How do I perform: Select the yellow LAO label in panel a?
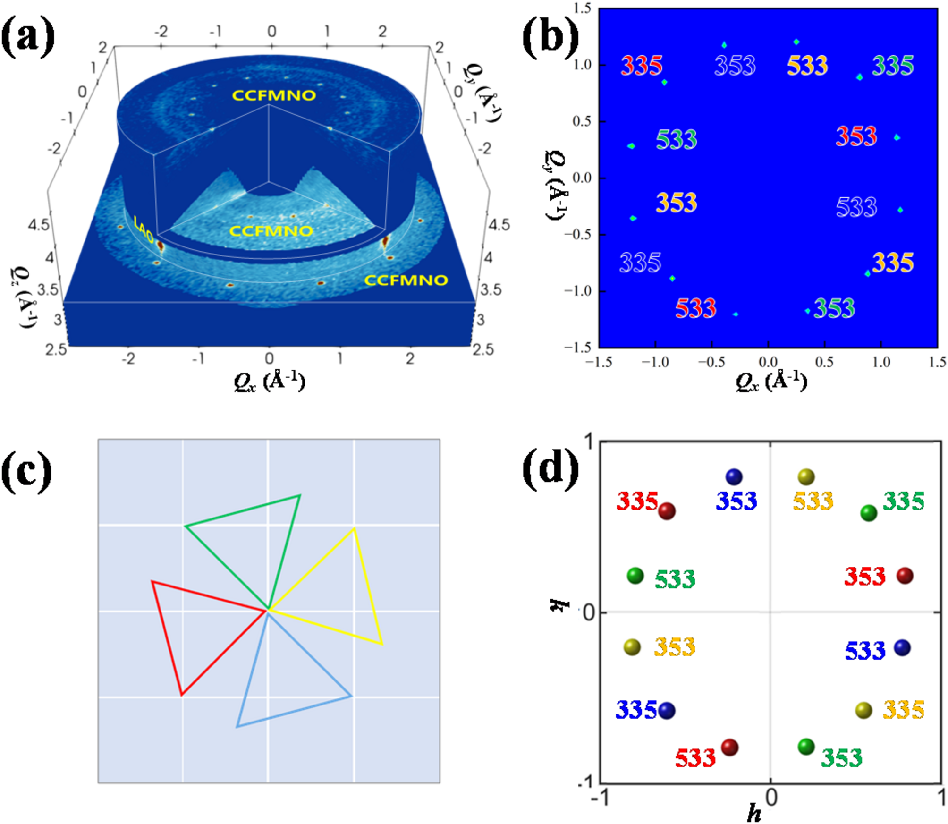144,229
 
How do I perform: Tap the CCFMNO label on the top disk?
274,95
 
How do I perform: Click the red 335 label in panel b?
641,66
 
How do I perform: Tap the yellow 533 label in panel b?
807,66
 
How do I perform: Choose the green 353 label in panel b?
834,309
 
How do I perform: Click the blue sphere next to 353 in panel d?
734,477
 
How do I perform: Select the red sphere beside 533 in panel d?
729,748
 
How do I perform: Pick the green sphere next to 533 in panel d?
635,576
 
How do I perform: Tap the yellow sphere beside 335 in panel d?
863,710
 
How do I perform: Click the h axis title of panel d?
754,813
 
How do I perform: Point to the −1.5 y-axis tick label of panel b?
578,348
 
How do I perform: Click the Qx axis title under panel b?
770,381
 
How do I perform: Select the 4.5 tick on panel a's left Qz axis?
39,225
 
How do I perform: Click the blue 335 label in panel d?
636,710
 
